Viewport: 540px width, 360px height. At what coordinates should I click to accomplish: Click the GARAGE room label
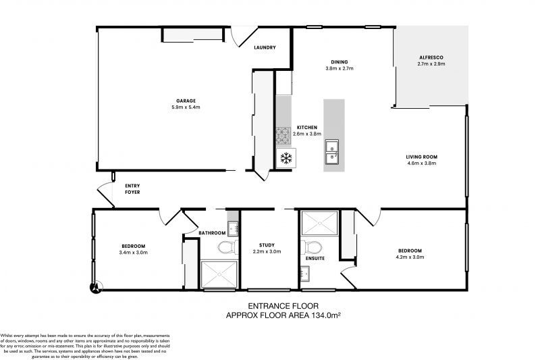click(x=186, y=101)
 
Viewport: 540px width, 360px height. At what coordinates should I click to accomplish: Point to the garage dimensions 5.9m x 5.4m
click(x=186, y=107)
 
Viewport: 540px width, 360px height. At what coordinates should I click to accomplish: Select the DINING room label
click(x=340, y=61)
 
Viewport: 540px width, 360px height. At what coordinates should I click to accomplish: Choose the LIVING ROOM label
click(x=423, y=157)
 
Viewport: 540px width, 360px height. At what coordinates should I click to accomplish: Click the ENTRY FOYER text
click(x=133, y=189)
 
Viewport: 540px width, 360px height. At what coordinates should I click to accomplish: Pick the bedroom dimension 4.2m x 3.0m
click(x=410, y=257)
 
